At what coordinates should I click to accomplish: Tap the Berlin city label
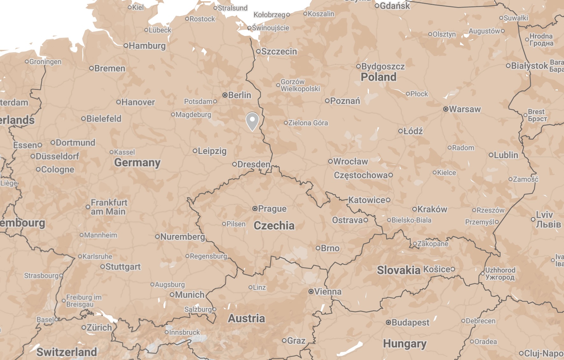click(x=239, y=95)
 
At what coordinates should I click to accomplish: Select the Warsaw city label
click(x=465, y=109)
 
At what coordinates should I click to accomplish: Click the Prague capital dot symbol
click(x=255, y=209)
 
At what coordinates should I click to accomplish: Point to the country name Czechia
click(x=274, y=225)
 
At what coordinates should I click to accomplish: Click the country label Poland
click(x=379, y=77)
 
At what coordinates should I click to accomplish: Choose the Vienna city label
click(x=328, y=291)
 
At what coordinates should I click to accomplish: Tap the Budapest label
click(x=410, y=322)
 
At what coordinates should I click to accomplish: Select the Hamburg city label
click(x=147, y=46)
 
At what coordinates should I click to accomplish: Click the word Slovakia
click(x=399, y=270)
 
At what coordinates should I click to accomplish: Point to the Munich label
click(x=190, y=295)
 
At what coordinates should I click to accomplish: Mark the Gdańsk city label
click(x=395, y=6)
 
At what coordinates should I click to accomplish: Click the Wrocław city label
click(x=351, y=161)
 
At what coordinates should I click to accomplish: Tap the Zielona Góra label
click(x=308, y=123)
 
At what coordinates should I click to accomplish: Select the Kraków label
click(x=432, y=209)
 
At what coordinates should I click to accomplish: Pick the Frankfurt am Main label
click(x=109, y=207)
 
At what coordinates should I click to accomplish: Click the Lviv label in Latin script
click(x=544, y=215)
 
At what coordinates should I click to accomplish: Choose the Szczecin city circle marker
click(x=258, y=51)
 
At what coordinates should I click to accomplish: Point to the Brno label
click(x=330, y=248)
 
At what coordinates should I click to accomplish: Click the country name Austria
click(x=246, y=318)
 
